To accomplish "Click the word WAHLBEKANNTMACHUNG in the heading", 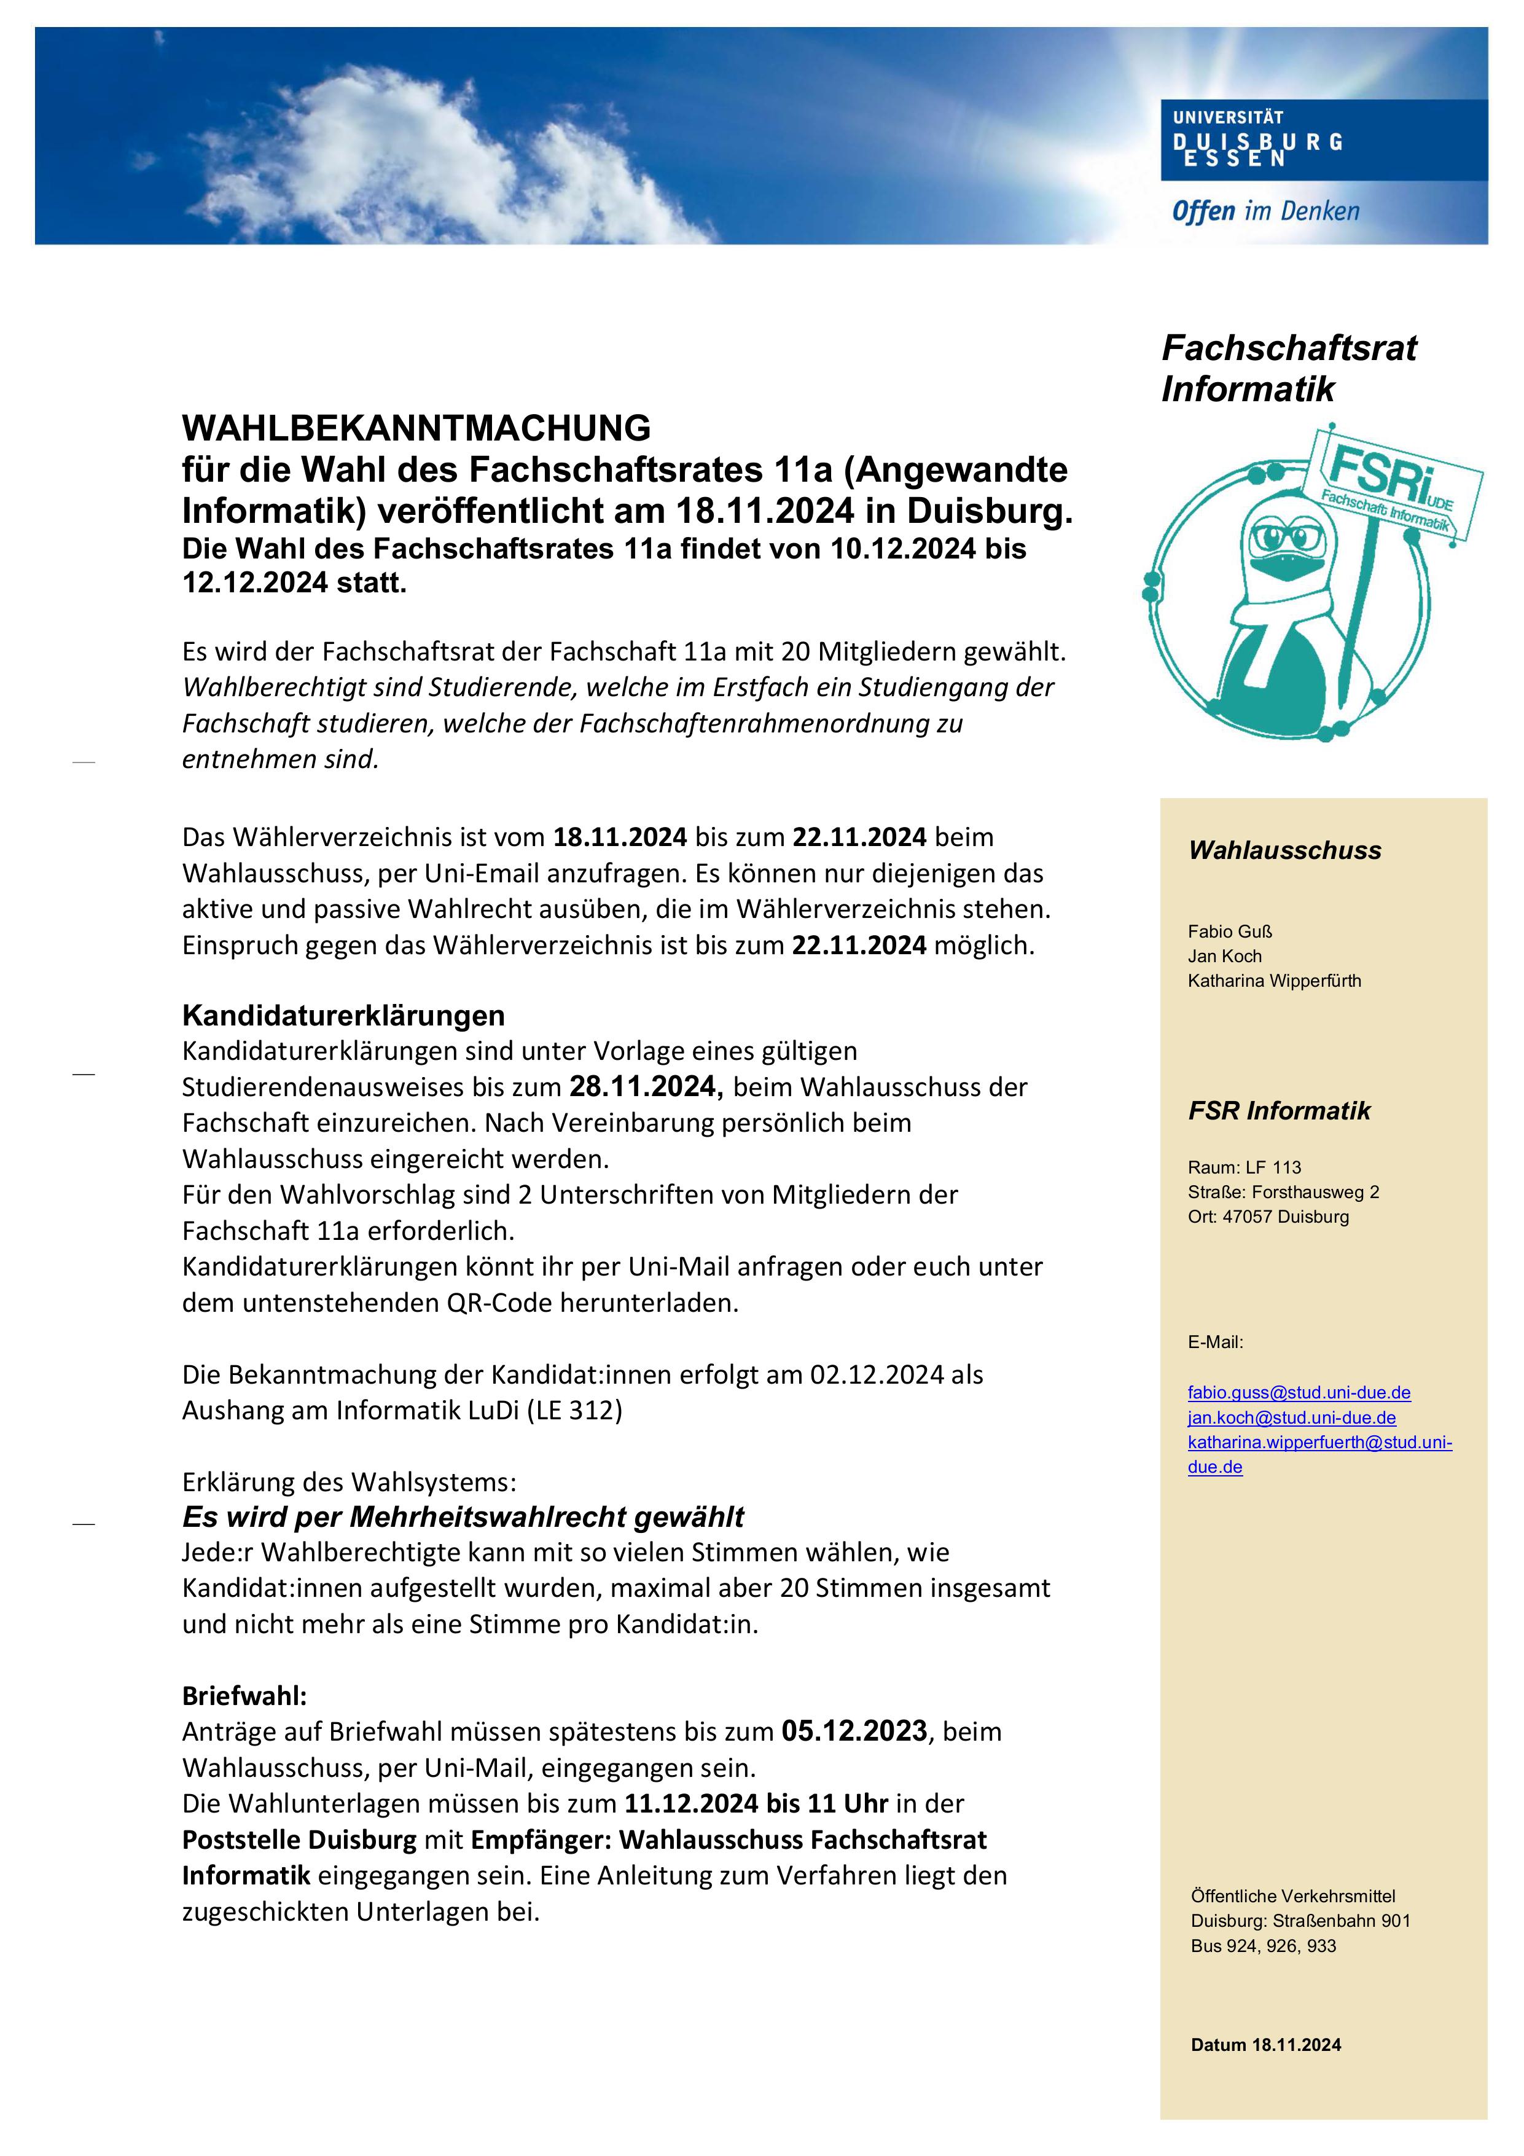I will pos(416,428).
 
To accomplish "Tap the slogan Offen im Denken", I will pos(1265,211).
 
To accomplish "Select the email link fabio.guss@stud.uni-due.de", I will pos(1299,1392).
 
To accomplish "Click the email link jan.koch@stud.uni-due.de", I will pos(1291,1418).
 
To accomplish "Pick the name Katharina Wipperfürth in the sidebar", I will pos(1273,981).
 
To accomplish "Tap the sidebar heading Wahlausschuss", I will pos(1284,851).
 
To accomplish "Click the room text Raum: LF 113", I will pos(1244,1167).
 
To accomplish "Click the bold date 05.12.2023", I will pos(854,1731).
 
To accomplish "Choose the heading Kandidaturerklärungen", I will pos(343,1015).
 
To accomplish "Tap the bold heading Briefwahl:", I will pos(244,1696).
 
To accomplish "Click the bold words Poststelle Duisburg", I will pos(299,1840).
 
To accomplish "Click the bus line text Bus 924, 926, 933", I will pos(1263,1946).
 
